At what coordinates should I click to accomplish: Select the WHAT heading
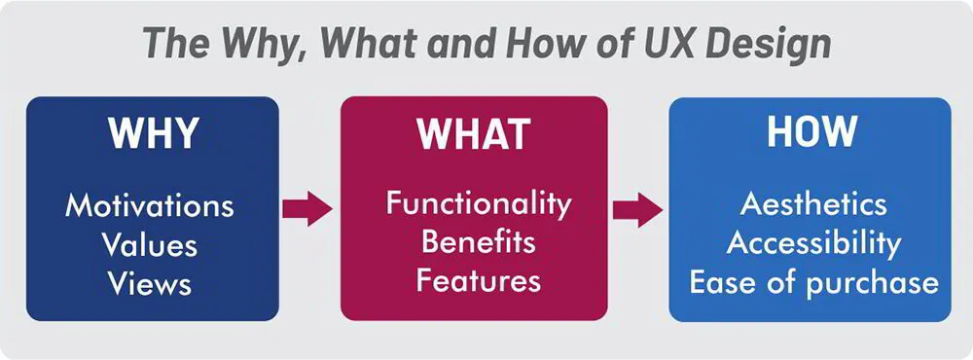pyautogui.click(x=473, y=134)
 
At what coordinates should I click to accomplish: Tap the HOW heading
pyautogui.click(x=811, y=132)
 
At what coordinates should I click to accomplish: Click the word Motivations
pyautogui.click(x=150, y=206)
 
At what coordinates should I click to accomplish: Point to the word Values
pyautogui.click(x=150, y=244)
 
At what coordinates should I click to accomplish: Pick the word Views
pyautogui.click(x=150, y=283)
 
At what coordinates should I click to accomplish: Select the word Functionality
pyautogui.click(x=478, y=204)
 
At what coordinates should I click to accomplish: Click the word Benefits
pyautogui.click(x=478, y=242)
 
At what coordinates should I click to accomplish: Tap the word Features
pyautogui.click(x=478, y=281)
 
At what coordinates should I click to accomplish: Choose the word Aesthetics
pyautogui.click(x=813, y=204)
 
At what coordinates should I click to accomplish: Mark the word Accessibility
pyautogui.click(x=813, y=242)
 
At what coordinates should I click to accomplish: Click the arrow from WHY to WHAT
pyautogui.click(x=307, y=206)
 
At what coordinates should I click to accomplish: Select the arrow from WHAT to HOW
pyautogui.click(x=637, y=206)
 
